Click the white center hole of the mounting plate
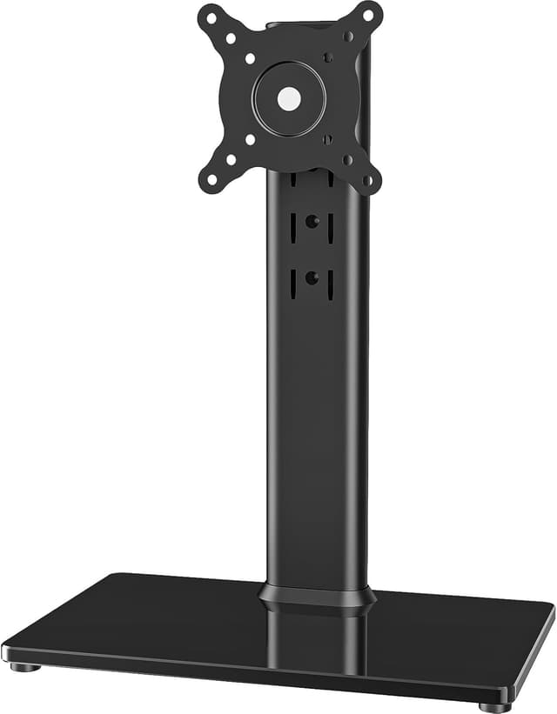click(289, 98)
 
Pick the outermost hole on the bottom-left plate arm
click(211, 180)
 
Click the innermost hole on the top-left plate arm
click(250, 59)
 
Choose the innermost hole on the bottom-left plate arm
click(250, 139)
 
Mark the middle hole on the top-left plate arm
click(232, 38)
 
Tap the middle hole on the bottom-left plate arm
click(231, 159)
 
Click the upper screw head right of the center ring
click(328, 58)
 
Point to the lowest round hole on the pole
click(312, 278)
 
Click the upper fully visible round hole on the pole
click(312, 222)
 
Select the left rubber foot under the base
click(25, 667)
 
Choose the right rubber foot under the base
click(494, 707)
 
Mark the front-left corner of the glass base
click(7, 650)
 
